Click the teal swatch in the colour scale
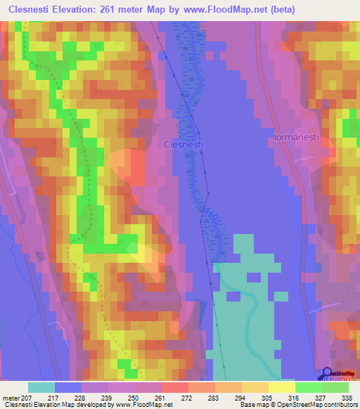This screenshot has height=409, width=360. point(41,387)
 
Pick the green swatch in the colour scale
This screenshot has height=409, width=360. point(307,387)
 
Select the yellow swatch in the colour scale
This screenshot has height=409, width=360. point(281,387)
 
